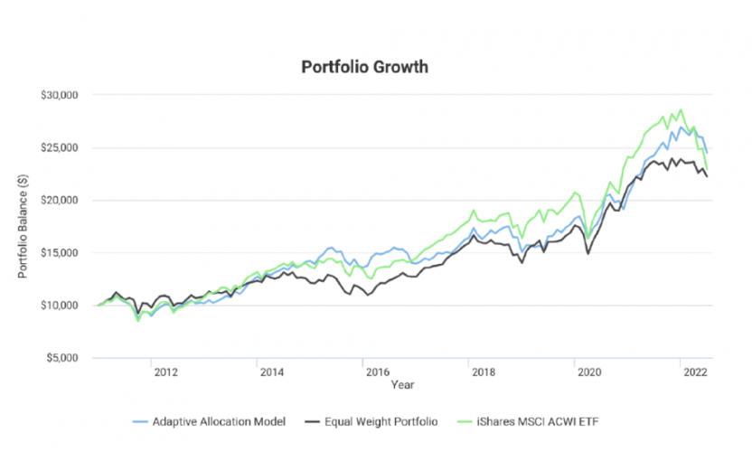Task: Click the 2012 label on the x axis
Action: point(164,372)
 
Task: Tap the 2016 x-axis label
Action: point(376,372)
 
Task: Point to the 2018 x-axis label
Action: point(482,372)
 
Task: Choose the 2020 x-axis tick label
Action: point(587,372)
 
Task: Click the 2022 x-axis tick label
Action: point(694,372)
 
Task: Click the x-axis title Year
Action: point(402,385)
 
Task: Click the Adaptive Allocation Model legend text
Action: point(214,421)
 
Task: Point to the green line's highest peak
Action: point(681,110)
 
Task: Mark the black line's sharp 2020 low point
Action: point(589,253)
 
